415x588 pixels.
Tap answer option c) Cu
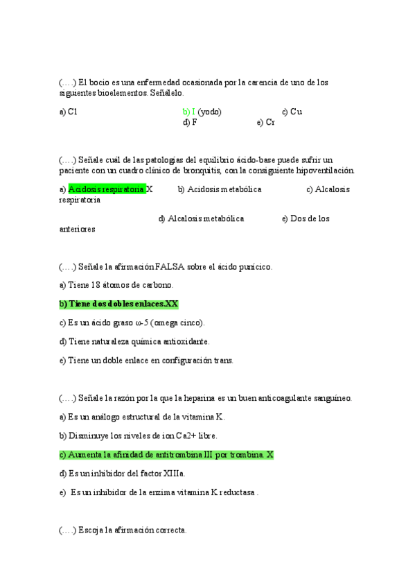[292, 112]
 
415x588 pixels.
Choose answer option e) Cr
[265, 122]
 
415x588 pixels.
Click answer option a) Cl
[68, 112]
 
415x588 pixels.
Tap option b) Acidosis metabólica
[219, 189]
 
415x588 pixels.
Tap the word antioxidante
[185, 341]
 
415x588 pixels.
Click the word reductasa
[234, 492]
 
